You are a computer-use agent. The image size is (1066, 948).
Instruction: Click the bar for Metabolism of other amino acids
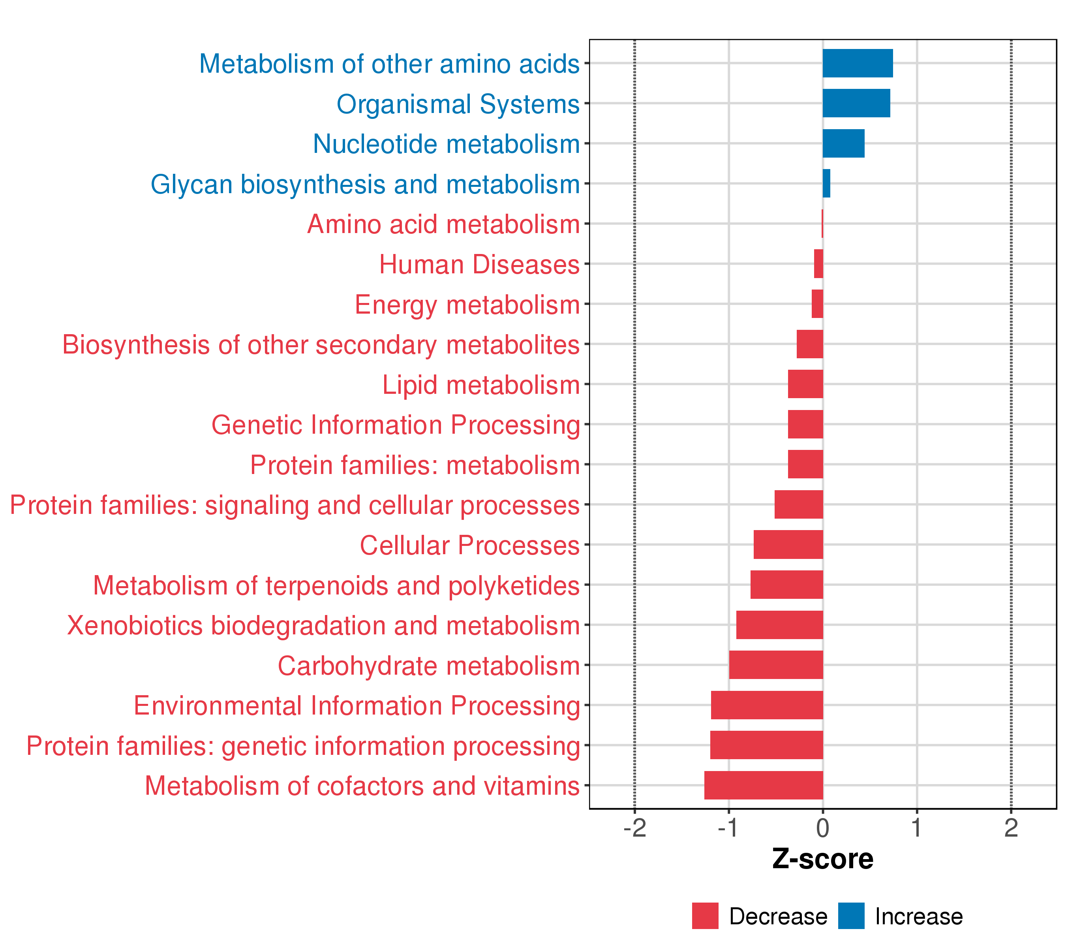858,63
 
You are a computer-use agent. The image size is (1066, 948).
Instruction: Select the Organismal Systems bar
856,103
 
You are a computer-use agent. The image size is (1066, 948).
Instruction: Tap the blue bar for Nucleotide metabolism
844,143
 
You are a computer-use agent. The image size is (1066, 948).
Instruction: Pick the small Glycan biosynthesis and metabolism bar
827,184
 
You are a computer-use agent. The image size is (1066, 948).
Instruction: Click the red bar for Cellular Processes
788,545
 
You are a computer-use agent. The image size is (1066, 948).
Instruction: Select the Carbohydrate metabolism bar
776,665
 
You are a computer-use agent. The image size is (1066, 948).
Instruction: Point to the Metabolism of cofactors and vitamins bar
764,785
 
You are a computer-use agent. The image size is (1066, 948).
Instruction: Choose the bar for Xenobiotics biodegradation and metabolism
780,625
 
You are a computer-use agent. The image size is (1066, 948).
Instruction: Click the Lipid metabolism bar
806,384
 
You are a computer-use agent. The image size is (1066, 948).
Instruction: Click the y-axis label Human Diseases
479,265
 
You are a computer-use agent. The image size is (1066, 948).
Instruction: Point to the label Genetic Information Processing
396,425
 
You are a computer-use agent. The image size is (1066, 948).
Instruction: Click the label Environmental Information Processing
357,706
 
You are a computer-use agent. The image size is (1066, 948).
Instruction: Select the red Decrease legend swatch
705,916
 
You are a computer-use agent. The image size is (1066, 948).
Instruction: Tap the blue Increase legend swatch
851,916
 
